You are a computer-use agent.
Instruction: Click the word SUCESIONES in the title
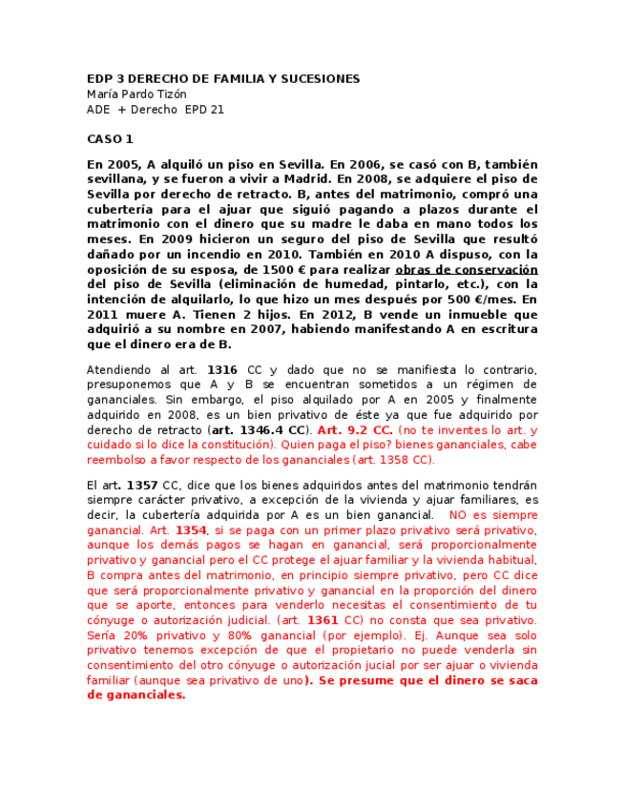pos(312,78)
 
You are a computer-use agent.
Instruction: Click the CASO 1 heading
pos(110,139)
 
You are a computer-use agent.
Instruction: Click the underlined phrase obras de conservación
pos(467,270)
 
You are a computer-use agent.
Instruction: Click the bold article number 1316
pos(221,370)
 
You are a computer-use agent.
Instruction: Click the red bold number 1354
pos(191,530)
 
